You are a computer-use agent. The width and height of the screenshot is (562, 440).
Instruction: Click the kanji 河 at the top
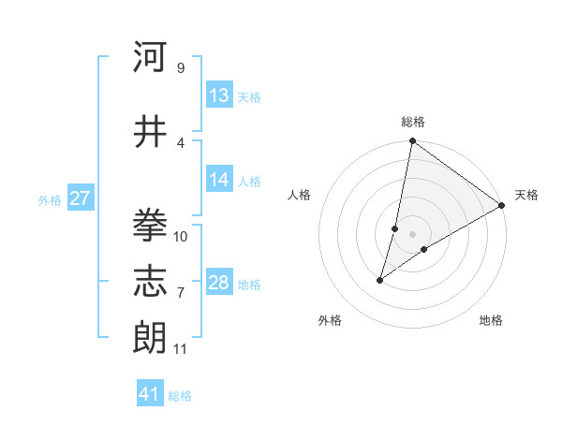click(150, 58)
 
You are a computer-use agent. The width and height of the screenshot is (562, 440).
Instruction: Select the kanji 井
click(150, 132)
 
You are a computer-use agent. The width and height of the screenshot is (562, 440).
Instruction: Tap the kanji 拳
click(150, 226)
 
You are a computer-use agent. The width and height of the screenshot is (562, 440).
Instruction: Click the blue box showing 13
click(219, 95)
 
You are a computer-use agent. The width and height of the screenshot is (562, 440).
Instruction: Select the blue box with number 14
click(219, 180)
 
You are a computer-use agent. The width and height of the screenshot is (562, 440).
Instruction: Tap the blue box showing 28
click(219, 283)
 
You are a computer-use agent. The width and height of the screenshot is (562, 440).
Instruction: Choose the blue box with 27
click(80, 198)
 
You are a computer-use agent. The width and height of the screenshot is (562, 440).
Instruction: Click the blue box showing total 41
click(150, 394)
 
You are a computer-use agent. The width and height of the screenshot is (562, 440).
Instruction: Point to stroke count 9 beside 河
click(180, 68)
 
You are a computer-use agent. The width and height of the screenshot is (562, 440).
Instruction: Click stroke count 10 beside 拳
click(181, 237)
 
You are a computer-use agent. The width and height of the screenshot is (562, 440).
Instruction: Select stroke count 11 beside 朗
click(180, 349)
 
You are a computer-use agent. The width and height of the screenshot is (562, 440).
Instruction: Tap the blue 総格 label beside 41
click(180, 396)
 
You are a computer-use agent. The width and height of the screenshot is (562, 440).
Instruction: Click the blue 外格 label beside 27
click(50, 200)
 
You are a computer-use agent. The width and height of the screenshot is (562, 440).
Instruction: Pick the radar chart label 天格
click(526, 195)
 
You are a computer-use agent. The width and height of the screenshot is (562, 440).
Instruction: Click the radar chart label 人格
click(300, 195)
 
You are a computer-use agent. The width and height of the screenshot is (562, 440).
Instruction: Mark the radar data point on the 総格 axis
click(412, 141)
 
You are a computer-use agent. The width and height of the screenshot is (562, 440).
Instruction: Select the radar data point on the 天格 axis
click(501, 205)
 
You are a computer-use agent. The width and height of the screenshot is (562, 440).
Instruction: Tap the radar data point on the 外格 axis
click(380, 279)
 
